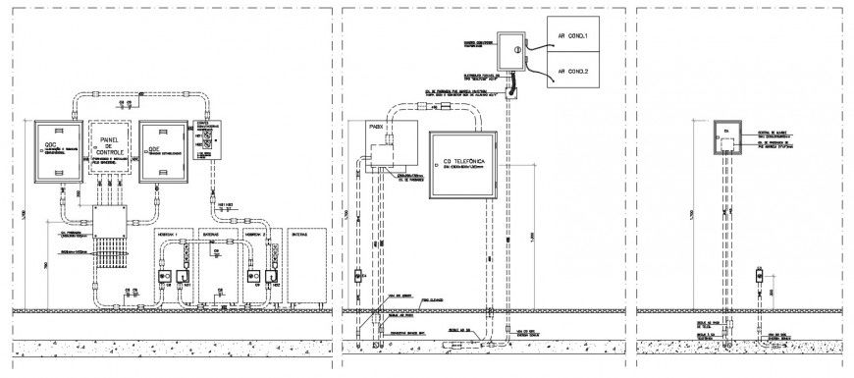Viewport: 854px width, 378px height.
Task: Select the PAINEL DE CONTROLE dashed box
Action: pos(109,149)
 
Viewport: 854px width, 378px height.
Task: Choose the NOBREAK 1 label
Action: pos(170,236)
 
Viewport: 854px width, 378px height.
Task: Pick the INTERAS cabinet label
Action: pos(302,236)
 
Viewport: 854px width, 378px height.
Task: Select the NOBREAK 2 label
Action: pos(258,236)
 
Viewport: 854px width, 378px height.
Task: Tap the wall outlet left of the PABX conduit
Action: pos(360,274)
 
